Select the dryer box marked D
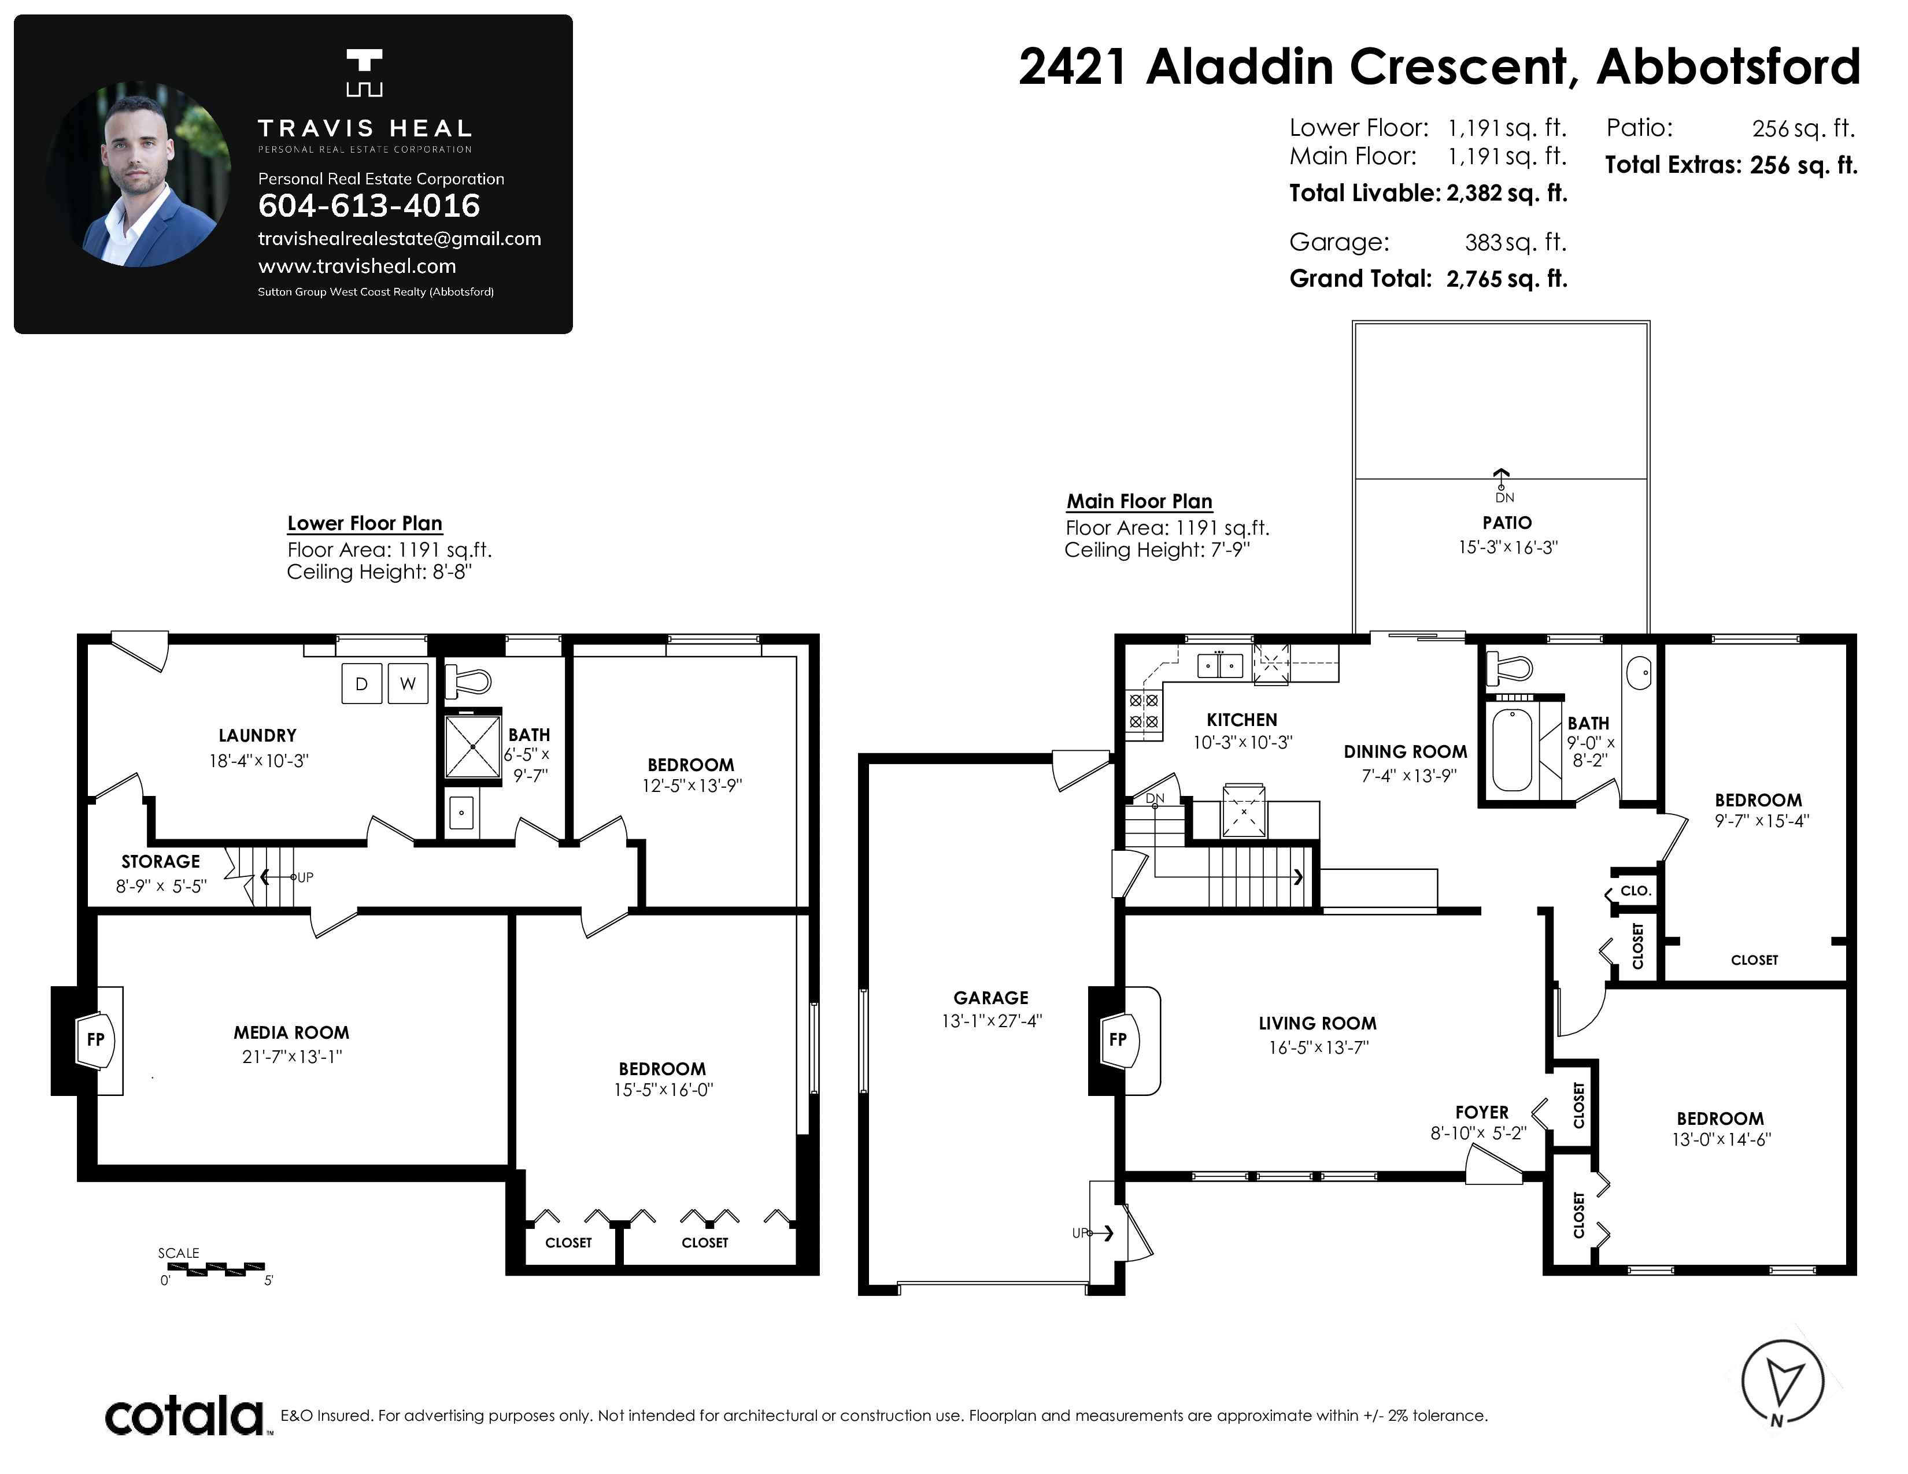361,684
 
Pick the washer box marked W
408,684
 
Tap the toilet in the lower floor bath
468,681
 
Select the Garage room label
990,997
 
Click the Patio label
1507,523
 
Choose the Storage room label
161,862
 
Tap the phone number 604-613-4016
369,206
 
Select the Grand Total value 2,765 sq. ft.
1507,279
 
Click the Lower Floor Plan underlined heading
365,524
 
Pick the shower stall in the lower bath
472,747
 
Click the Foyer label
1482,1113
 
